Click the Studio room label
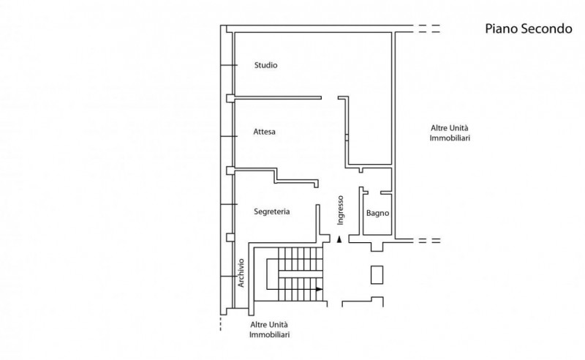265,65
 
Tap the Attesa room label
264,132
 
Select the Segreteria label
271,211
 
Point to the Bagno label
377,213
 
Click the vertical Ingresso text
340,210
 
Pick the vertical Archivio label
241,273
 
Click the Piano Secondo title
528,29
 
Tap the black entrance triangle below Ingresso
339,239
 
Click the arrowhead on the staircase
319,289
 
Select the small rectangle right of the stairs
377,275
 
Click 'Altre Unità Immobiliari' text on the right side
450,133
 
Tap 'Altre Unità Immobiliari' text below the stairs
269,329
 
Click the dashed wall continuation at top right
429,29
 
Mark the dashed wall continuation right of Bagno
429,241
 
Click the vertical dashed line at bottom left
221,323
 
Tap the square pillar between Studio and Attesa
230,98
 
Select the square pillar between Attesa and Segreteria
230,170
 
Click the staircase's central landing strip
301,274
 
